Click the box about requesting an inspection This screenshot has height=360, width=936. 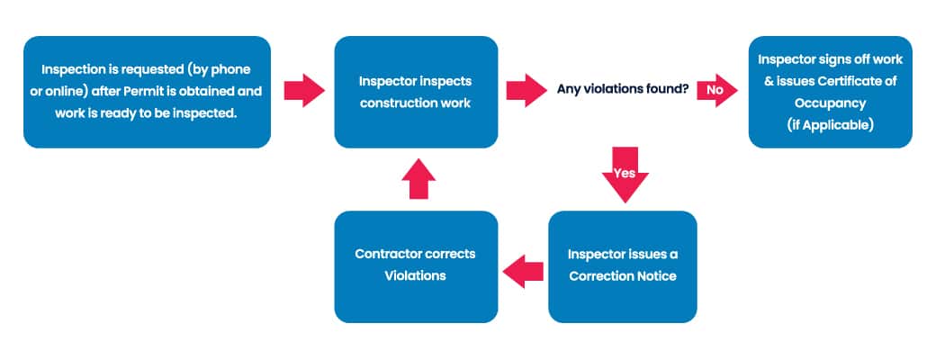click(x=147, y=92)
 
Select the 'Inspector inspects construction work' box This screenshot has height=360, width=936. click(x=416, y=92)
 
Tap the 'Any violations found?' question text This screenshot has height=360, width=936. click(x=623, y=90)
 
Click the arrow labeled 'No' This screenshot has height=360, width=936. click(x=717, y=90)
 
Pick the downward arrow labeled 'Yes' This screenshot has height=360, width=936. click(x=625, y=175)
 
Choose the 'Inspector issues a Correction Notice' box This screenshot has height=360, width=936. click(x=623, y=267)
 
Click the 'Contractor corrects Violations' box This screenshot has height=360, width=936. click(x=416, y=267)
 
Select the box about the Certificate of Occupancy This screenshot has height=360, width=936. click(x=831, y=92)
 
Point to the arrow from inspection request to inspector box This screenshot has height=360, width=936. click(x=304, y=90)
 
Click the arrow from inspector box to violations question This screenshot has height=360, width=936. click(x=526, y=90)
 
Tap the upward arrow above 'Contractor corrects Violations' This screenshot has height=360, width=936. click(x=418, y=178)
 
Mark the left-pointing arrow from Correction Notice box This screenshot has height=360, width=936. click(x=523, y=272)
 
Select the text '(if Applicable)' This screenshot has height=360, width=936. click(x=831, y=125)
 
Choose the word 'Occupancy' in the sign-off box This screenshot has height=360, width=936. click(x=831, y=103)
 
